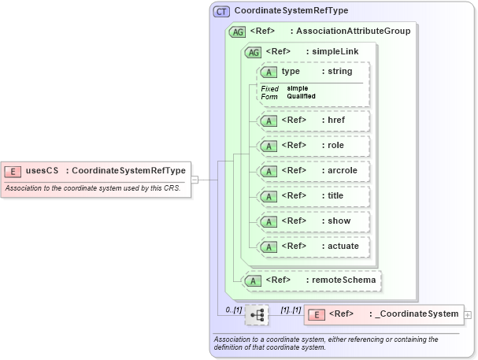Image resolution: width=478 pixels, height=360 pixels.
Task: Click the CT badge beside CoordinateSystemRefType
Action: (x=222, y=11)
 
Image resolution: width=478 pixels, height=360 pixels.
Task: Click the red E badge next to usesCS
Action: (x=13, y=170)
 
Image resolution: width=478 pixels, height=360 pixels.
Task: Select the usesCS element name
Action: (x=43, y=170)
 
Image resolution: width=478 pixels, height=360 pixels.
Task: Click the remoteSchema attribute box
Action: (x=312, y=280)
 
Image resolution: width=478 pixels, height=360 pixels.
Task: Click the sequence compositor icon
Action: (x=257, y=315)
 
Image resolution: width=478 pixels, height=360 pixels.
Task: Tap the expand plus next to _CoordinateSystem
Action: (x=469, y=314)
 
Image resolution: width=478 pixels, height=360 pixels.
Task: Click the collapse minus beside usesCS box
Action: (x=195, y=180)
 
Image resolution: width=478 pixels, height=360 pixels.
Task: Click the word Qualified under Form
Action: (x=301, y=96)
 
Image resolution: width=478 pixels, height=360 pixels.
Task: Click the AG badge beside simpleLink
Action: (x=254, y=52)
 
